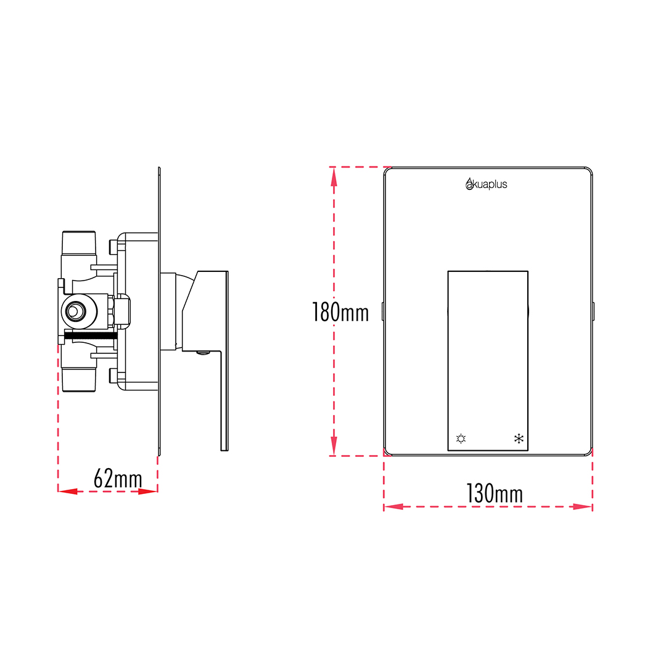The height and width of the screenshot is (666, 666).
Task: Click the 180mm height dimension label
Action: click(340, 312)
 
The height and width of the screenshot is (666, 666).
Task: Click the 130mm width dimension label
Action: click(495, 493)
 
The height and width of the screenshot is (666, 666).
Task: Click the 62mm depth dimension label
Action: click(118, 479)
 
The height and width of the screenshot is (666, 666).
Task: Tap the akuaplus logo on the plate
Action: click(487, 184)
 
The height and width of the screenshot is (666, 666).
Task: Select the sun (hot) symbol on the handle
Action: click(461, 438)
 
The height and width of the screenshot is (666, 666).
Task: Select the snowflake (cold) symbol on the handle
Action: click(519, 438)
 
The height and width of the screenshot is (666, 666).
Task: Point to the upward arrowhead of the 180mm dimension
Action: click(334, 177)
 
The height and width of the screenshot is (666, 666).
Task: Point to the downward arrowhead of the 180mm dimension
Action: click(334, 446)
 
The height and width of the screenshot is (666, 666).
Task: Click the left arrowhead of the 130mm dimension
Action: click(393, 507)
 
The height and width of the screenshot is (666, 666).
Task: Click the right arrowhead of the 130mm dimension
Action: click(582, 507)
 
